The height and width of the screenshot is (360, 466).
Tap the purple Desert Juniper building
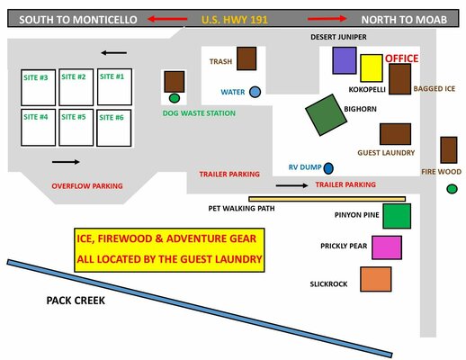click(345, 60)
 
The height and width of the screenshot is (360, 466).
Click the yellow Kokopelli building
click(372, 68)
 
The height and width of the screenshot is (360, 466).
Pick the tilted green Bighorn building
click(327, 115)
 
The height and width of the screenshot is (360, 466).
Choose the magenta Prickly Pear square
click(387, 247)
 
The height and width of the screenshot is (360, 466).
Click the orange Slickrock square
click(376, 279)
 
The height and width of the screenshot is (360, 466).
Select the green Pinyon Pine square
click(397, 216)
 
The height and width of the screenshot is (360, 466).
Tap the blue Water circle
click(255, 92)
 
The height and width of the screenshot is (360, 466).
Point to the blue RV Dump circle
click(328, 168)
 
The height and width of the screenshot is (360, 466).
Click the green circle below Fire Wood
click(452, 189)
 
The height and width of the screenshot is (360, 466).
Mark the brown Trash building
click(246, 58)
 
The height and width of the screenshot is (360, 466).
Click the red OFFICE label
click(401, 58)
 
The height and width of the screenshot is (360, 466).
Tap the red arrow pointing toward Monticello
click(167, 19)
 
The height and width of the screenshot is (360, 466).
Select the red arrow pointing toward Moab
click(327, 19)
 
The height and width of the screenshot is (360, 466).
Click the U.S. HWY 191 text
click(235, 20)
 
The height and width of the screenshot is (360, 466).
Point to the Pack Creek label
click(76, 301)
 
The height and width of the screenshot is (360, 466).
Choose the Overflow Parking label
click(87, 186)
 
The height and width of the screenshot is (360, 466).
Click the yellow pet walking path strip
click(327, 199)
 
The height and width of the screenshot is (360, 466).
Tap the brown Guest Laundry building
click(395, 134)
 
